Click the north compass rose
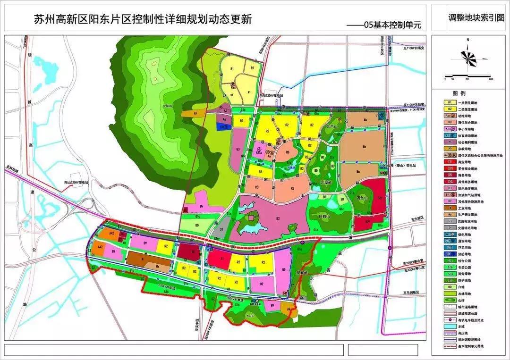468,58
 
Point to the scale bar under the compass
468,75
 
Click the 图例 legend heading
459,93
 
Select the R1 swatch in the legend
449,101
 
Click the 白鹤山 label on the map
323,216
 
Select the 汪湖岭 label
326,182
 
